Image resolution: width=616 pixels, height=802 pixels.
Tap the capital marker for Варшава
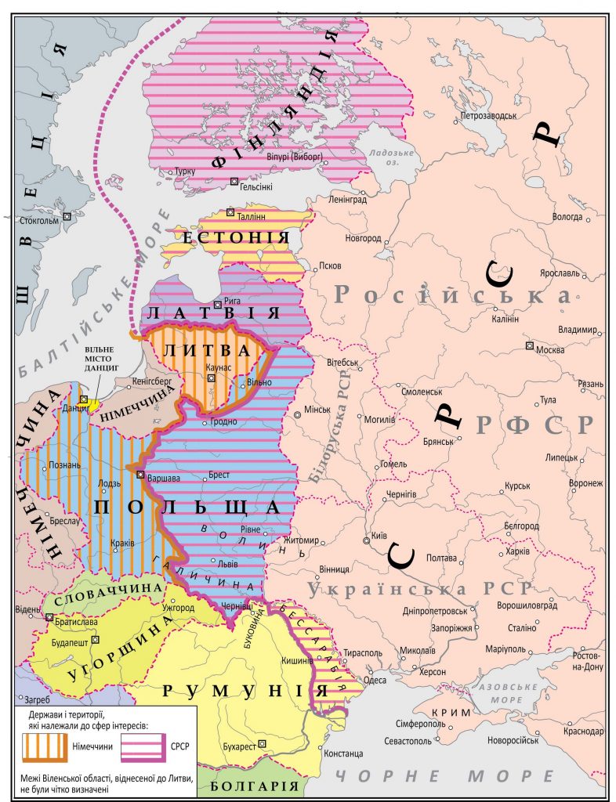(140, 475)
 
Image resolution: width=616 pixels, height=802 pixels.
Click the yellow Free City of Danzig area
(94, 404)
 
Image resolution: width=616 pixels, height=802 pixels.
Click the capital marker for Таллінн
(230, 211)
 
